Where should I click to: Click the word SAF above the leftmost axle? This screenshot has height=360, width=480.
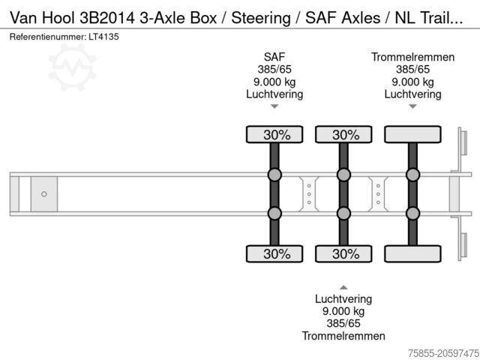click(274, 56)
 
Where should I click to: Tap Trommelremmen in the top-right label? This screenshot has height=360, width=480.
click(412, 56)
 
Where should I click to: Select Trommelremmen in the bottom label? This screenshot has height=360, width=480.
click(343, 337)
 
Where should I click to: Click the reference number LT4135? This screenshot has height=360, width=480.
click(103, 37)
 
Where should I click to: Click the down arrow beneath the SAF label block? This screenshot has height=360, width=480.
click(274, 107)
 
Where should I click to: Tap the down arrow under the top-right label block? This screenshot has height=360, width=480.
click(412, 107)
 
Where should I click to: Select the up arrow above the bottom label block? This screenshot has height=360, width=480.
click(343, 287)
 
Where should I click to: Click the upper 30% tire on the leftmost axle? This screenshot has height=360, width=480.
click(274, 135)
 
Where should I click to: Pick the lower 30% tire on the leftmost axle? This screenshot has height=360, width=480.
click(274, 253)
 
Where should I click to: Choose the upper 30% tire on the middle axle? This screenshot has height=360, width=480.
click(343, 135)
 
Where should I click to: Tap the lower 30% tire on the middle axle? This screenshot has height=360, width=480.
click(343, 253)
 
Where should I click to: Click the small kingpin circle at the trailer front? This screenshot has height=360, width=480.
click(43, 194)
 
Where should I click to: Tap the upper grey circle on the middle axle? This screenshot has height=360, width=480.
click(343, 175)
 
